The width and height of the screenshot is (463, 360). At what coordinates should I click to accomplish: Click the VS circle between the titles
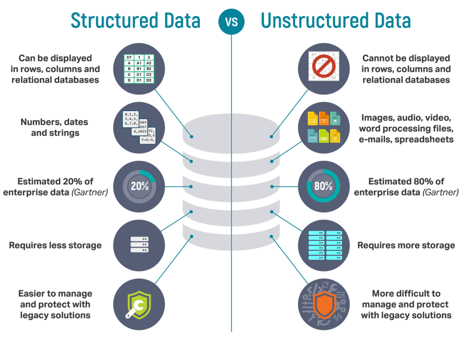231,21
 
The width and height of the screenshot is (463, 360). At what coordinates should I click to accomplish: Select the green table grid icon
139,69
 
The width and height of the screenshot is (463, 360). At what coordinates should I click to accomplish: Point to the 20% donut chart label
139,186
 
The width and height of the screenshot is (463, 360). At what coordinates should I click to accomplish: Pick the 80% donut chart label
324,186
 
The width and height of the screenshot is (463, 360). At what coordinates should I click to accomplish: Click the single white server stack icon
139,244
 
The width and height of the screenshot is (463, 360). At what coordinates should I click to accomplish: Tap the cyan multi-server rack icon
324,245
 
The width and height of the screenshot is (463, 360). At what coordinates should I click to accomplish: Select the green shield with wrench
139,304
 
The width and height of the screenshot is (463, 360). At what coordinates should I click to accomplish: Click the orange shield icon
324,304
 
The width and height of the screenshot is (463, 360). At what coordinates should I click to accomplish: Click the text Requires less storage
55,245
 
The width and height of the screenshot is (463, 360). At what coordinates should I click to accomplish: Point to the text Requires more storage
406,245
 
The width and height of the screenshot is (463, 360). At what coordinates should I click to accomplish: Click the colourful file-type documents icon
324,127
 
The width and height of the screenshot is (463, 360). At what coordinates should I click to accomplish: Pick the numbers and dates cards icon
139,127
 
